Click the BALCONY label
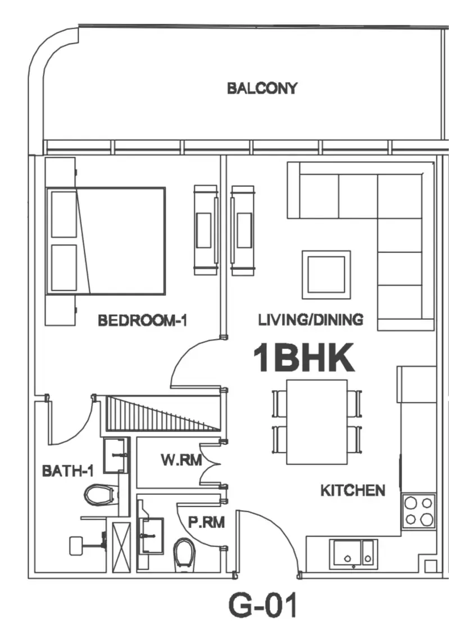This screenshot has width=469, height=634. (262, 88)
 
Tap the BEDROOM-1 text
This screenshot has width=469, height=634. (143, 320)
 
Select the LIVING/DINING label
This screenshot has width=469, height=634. (311, 320)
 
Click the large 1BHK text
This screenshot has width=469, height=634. (303, 358)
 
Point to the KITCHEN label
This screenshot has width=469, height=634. (353, 490)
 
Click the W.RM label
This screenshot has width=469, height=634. (181, 460)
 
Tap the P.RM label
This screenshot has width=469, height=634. (206, 522)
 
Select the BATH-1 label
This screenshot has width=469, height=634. (68, 471)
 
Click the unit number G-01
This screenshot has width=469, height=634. (263, 605)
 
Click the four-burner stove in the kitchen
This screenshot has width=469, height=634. (418, 511)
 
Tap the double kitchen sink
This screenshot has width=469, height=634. (353, 554)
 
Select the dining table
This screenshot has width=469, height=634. (317, 422)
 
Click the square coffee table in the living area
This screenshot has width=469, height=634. (326, 274)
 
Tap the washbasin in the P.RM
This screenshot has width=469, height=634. (151, 536)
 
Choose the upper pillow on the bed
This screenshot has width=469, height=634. (64, 214)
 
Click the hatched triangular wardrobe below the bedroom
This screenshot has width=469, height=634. (163, 413)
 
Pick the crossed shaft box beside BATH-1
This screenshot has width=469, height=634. (121, 547)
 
